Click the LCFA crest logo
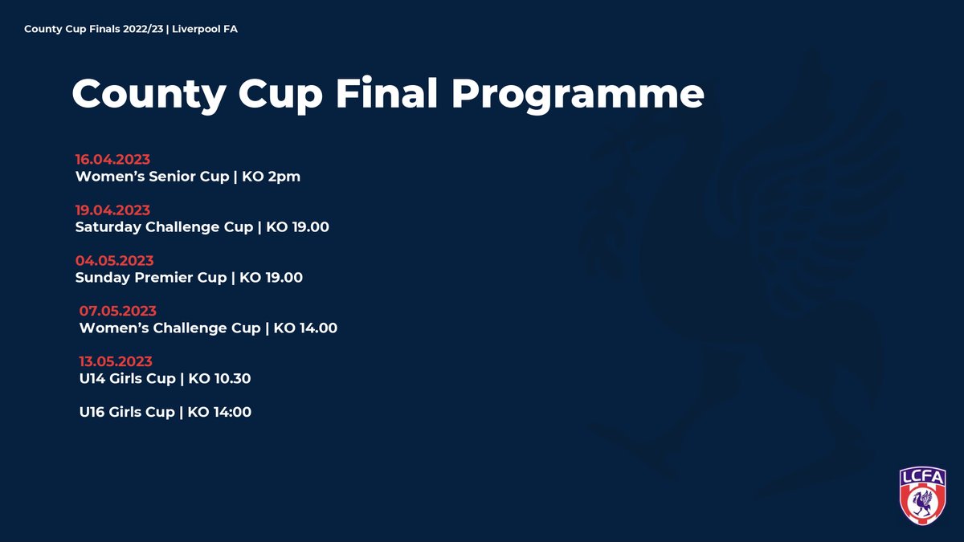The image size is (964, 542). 922,495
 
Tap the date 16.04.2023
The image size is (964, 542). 112,159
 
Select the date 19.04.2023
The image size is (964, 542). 112,210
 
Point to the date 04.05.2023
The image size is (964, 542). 114,261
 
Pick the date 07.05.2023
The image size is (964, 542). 117,311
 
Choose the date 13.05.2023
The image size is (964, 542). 116,361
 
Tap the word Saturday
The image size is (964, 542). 108,227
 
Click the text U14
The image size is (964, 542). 92,378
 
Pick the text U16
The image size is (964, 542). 92,412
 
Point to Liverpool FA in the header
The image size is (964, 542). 210,29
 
